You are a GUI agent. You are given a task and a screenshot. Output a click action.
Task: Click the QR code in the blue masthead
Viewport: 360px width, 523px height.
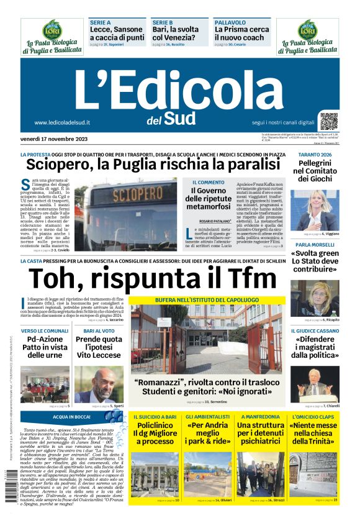click(329, 121)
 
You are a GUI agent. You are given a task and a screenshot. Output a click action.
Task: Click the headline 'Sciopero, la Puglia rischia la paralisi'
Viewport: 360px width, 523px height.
click(153, 165)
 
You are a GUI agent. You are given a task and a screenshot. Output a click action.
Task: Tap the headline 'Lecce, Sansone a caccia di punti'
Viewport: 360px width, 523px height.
click(117, 34)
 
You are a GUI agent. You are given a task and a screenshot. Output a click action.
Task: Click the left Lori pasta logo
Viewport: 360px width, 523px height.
click(51, 37)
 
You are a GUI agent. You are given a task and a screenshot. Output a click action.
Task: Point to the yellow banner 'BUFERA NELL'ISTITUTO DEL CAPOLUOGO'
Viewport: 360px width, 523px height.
click(207, 300)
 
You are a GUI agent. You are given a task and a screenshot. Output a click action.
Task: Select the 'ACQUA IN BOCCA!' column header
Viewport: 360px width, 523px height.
click(73, 417)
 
